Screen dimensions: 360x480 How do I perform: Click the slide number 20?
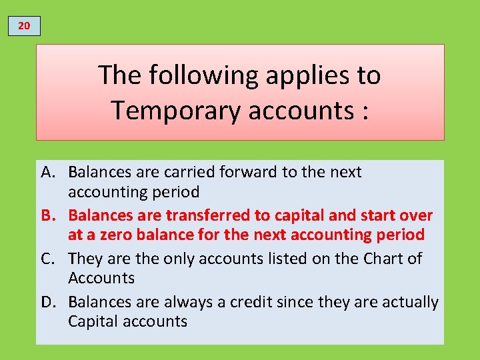(x=24, y=26)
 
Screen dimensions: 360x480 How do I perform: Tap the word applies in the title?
(x=298, y=75)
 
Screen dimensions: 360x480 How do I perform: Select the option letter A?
(x=48, y=172)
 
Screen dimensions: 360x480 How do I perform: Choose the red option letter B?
(x=48, y=215)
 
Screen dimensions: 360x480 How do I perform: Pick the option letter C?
(x=48, y=259)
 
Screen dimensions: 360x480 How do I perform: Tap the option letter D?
(x=48, y=302)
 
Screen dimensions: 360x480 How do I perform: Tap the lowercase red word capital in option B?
(x=294, y=215)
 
